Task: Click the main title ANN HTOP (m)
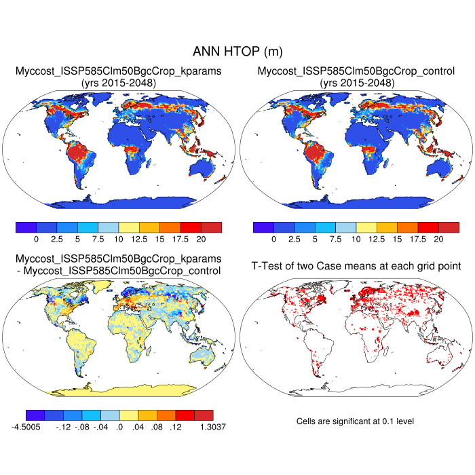click(237, 52)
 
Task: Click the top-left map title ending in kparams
click(119, 71)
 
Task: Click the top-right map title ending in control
click(356, 71)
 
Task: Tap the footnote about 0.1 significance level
click(355, 421)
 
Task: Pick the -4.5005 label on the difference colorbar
click(31, 427)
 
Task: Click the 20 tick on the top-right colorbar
click(438, 239)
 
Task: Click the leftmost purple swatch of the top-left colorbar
click(25, 227)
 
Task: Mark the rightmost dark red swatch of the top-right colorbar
click(449, 227)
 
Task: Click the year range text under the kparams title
click(119, 82)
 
